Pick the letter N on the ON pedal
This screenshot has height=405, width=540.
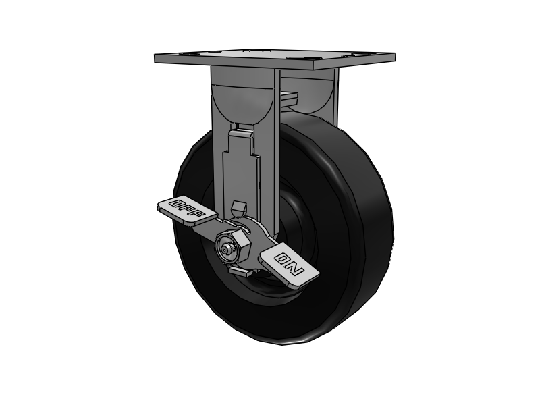[297, 271]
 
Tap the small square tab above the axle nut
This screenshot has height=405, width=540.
[236, 207]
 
